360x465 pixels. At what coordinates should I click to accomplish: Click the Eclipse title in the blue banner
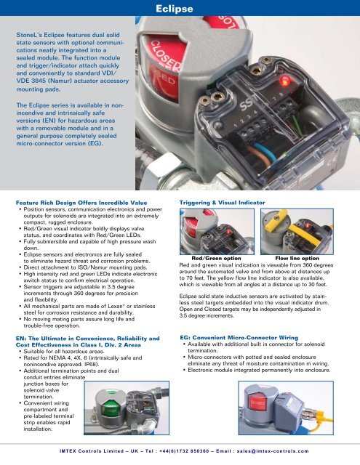point(175,9)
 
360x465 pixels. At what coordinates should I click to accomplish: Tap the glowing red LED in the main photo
point(285,81)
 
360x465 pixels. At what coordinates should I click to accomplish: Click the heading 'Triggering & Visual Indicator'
point(222,203)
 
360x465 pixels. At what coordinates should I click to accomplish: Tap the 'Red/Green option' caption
point(216,259)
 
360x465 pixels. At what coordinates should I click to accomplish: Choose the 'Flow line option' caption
point(297,259)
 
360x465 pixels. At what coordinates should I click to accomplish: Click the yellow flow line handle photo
point(297,231)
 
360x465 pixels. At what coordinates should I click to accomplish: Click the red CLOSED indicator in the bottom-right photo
point(257,403)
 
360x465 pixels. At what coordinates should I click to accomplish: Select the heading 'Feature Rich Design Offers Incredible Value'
point(81,203)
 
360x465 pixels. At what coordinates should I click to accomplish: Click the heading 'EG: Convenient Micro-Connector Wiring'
point(239,337)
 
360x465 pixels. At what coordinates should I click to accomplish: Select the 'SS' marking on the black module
point(246,105)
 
